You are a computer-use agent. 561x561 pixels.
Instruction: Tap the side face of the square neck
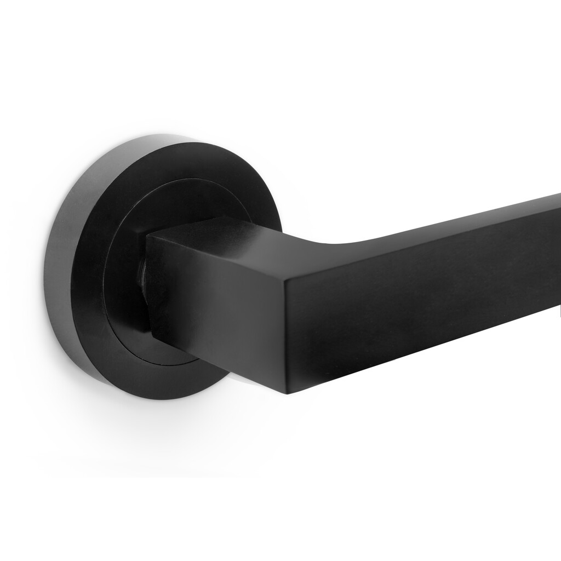pyautogui.click(x=219, y=296)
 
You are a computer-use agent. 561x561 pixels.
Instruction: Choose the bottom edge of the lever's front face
pyautogui.click(x=427, y=351)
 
